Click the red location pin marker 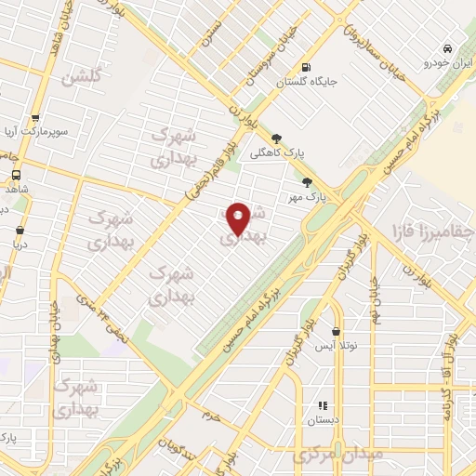tap(239, 218)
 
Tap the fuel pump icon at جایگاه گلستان tap(305, 67)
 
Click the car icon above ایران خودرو tap(447, 48)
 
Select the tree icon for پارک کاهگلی tap(276, 139)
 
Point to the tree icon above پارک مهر tap(307, 182)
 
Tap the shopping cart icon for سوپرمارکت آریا tap(35, 118)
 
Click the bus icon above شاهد tap(17, 174)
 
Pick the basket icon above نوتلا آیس tap(335, 331)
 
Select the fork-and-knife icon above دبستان tap(323, 405)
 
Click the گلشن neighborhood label tap(80, 78)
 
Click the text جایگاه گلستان tap(305, 83)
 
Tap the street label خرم tap(213, 416)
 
